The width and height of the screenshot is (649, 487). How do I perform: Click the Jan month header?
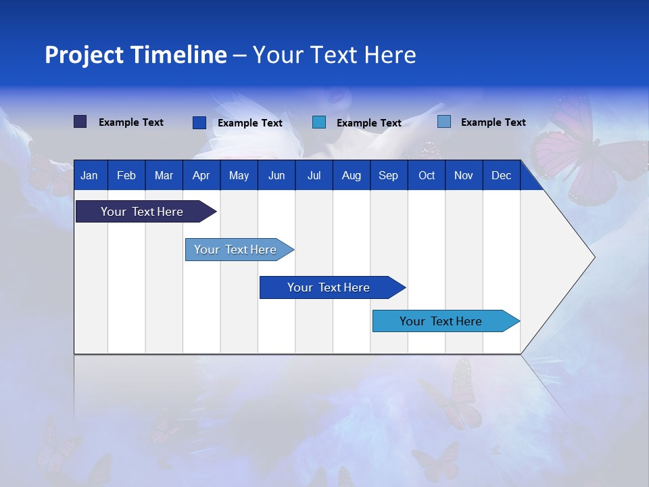click(x=89, y=176)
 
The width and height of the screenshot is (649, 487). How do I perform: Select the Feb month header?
click(x=126, y=176)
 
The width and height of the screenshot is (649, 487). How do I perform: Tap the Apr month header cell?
click(x=201, y=176)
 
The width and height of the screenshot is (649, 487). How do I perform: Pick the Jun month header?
click(x=277, y=176)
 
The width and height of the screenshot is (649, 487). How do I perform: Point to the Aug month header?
click(x=351, y=176)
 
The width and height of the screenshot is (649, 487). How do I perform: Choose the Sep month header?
click(x=388, y=176)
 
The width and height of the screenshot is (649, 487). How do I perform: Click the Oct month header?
click(x=427, y=176)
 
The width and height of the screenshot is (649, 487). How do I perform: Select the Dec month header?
click(x=501, y=176)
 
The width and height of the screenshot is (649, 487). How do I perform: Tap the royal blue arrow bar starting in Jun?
click(x=329, y=287)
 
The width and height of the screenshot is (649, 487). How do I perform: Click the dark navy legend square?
click(x=80, y=122)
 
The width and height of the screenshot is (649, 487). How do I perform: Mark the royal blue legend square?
click(x=199, y=122)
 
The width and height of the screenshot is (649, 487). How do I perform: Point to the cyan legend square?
click(x=319, y=122)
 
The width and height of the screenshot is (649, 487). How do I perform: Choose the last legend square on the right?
click(x=444, y=122)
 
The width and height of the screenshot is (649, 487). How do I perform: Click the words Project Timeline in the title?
click(x=136, y=55)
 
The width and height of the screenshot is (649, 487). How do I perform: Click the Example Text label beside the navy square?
click(x=131, y=122)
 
